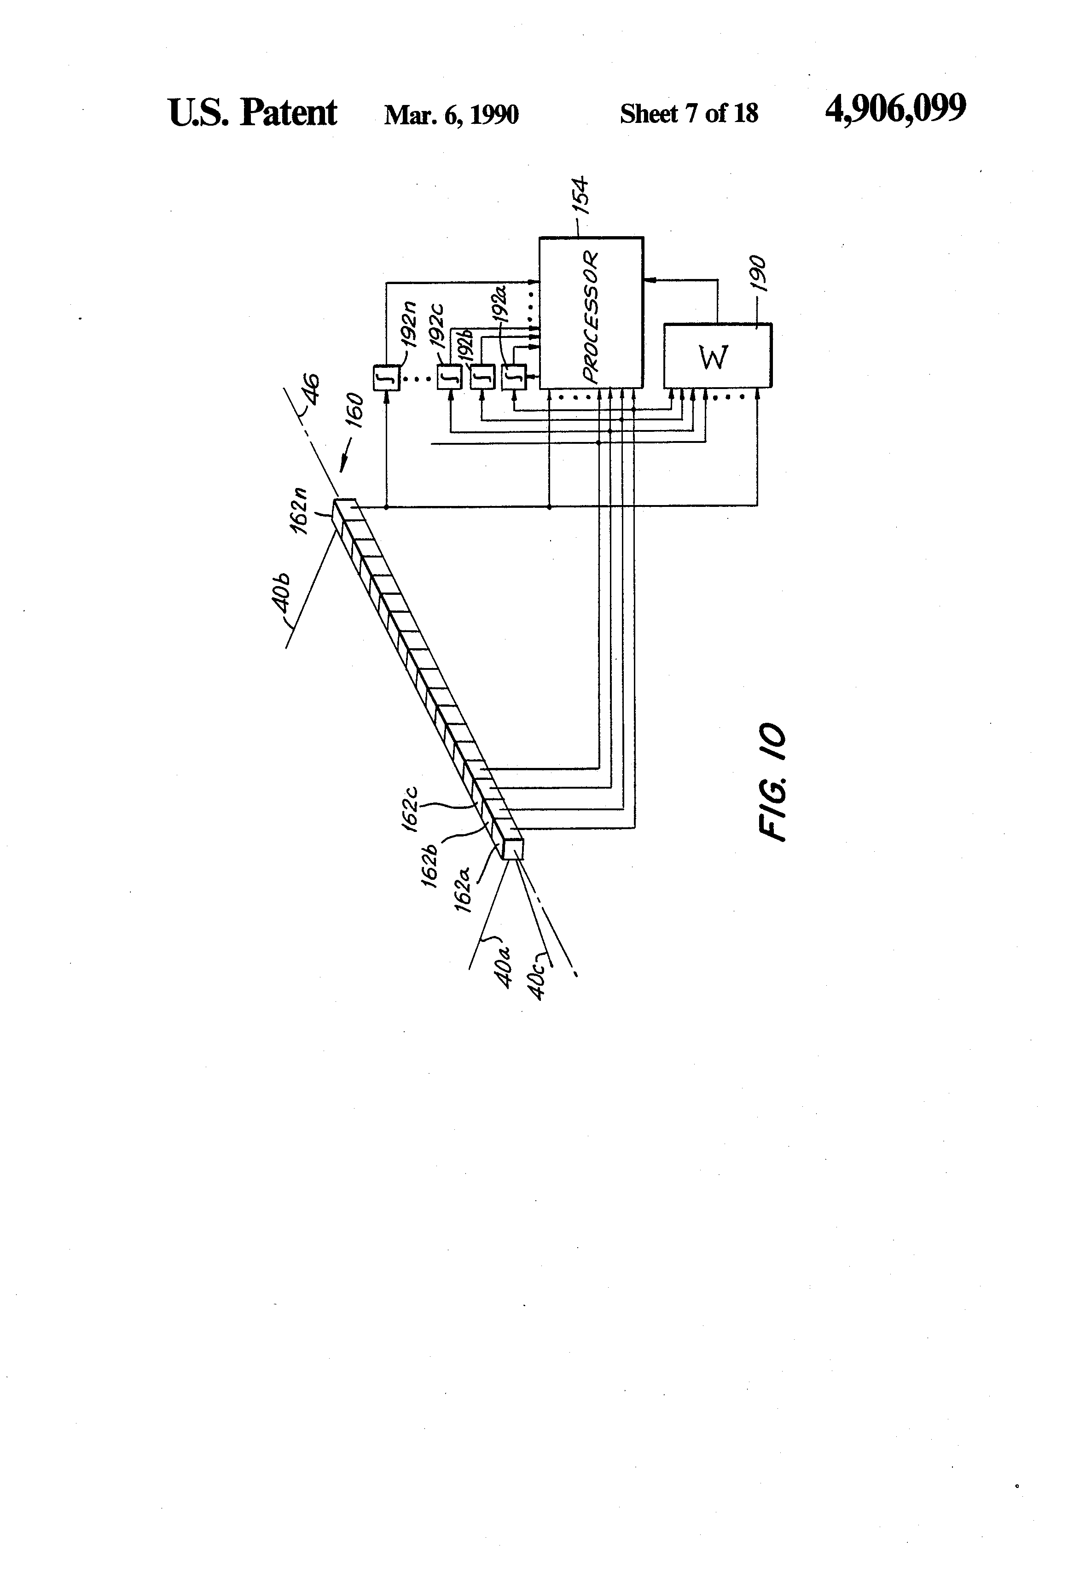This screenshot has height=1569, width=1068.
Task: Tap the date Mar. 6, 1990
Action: point(451,114)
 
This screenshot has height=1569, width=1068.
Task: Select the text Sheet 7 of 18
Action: point(689,113)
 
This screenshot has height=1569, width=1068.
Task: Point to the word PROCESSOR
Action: point(591,317)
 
